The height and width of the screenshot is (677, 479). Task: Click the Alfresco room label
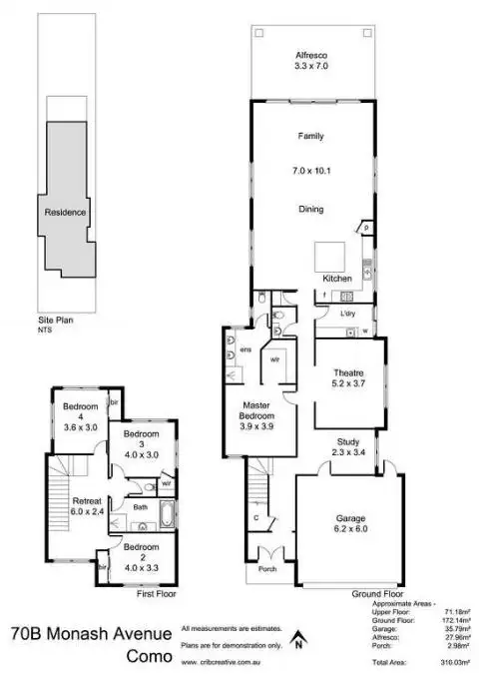(311, 56)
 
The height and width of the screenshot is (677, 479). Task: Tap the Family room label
(311, 136)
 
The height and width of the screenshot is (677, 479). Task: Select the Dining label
(311, 210)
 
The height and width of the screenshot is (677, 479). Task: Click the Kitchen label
(337, 278)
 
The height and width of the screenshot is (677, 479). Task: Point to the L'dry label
(347, 314)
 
